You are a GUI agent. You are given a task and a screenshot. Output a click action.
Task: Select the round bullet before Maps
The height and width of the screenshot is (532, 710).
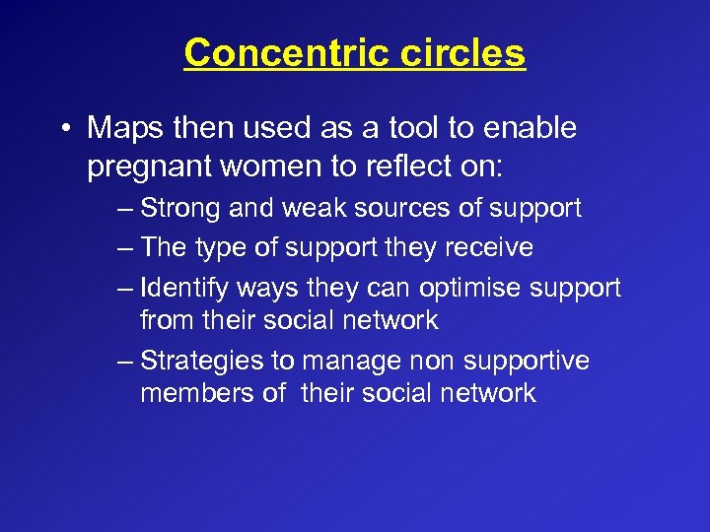tap(66, 128)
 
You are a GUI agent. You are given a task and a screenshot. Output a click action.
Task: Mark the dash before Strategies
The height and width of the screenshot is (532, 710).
tap(123, 362)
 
